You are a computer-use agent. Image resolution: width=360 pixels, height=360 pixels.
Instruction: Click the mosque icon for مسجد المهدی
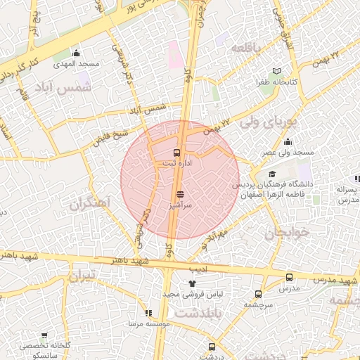tap(76, 53)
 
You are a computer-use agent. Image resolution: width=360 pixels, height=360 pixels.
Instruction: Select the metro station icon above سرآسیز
tap(181, 193)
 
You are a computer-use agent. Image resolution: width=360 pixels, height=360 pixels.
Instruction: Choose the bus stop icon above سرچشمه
tap(258, 294)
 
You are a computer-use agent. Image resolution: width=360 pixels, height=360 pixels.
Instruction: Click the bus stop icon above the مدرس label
tap(289, 277)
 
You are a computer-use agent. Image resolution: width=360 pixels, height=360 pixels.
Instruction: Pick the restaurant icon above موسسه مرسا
tap(148, 313)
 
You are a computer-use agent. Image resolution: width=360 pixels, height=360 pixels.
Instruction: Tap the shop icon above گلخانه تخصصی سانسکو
tap(45, 336)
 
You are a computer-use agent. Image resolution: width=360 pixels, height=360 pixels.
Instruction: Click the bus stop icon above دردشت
tap(212, 346)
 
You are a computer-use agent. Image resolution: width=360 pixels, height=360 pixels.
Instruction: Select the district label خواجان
tap(284, 231)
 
